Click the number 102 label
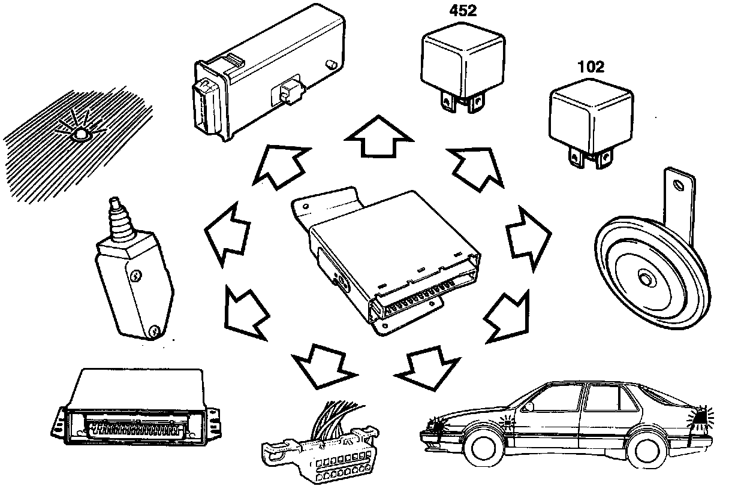pos(591,67)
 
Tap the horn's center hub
pos(646,279)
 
